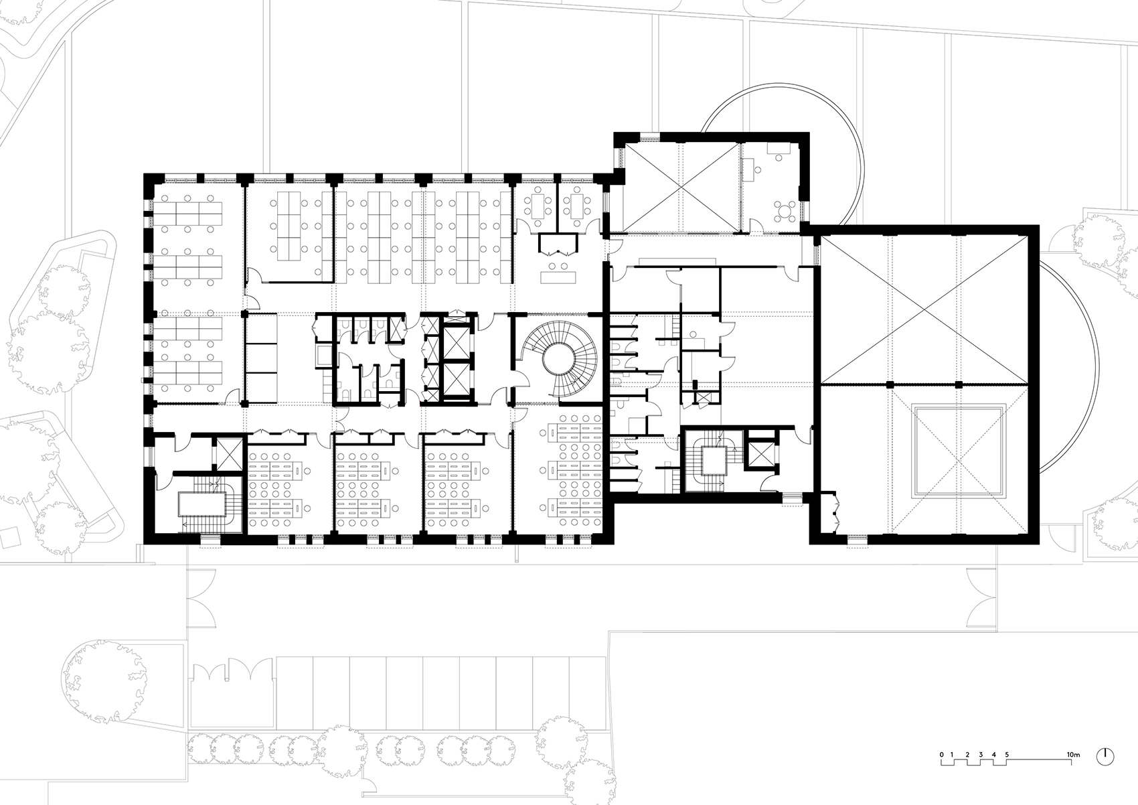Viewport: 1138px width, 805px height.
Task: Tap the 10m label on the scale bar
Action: tap(1072, 755)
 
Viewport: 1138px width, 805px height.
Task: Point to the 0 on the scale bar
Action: tap(941, 755)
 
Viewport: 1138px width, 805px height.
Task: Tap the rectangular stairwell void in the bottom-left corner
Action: tap(202, 505)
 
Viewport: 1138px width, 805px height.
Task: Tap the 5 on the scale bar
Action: tap(1006, 755)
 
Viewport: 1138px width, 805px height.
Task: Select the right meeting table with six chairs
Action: tap(576, 206)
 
